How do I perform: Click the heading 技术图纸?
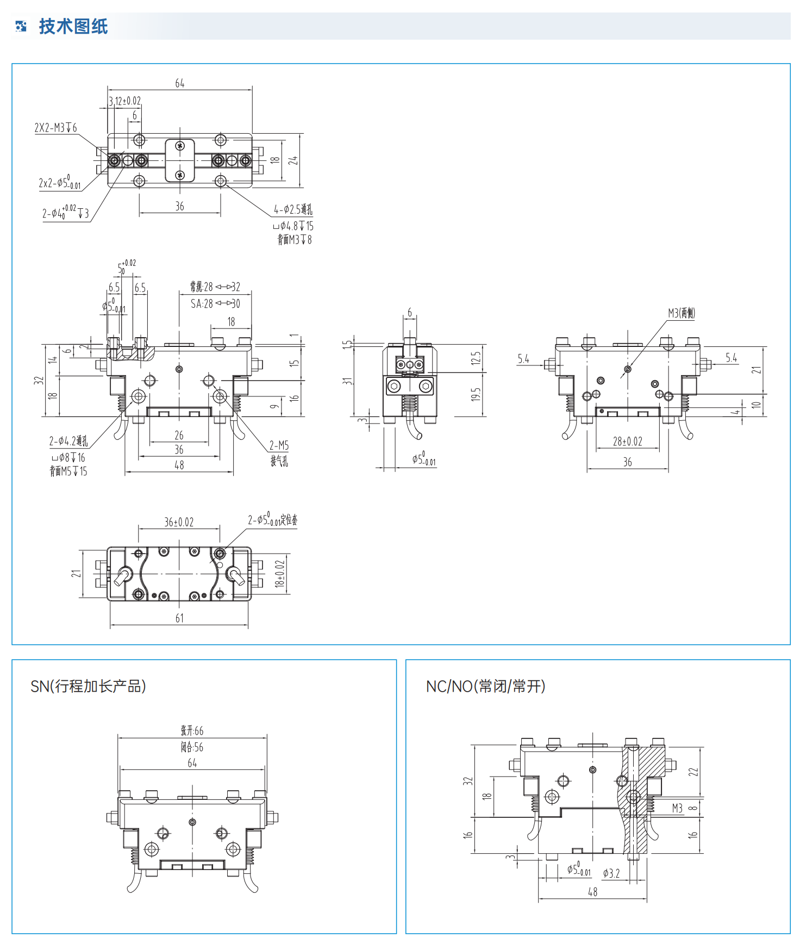[73, 26]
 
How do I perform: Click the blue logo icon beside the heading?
[21, 26]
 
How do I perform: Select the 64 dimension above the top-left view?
[179, 83]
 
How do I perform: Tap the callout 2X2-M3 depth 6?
[55, 128]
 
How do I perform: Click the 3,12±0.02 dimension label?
[125, 101]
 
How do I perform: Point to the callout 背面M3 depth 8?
[295, 240]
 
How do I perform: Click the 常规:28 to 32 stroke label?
[215, 287]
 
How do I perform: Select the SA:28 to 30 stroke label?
[215, 303]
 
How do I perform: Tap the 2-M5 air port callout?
[279, 446]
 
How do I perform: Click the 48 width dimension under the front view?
[179, 465]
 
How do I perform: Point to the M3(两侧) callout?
[682, 313]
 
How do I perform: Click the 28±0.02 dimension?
[627, 442]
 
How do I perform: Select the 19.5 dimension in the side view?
[476, 395]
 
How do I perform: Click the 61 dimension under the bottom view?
[179, 618]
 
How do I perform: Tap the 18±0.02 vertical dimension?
[280, 573]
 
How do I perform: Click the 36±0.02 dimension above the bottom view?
[179, 522]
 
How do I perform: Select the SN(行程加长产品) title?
[88, 686]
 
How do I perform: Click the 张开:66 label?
[192, 730]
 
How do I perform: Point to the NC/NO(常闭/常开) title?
[485, 686]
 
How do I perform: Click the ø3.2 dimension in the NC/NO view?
[611, 873]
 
